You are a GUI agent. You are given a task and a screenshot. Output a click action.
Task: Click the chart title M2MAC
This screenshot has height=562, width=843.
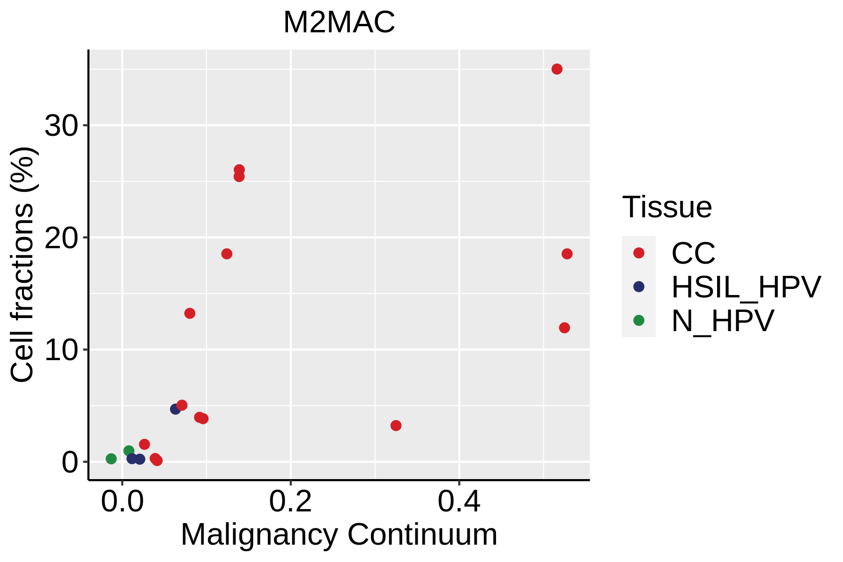point(339,22)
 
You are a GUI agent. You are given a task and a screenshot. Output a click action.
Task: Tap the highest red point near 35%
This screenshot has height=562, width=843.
point(557,69)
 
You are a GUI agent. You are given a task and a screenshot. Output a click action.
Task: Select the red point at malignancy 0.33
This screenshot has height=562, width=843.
point(396,425)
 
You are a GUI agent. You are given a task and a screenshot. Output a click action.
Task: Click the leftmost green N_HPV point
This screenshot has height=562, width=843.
point(111,458)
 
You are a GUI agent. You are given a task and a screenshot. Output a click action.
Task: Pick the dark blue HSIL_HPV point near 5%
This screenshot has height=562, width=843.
point(176,409)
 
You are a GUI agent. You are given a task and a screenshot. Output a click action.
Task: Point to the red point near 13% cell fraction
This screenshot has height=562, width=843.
point(190,313)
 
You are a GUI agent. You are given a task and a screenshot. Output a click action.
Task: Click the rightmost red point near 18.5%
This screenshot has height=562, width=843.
point(567,254)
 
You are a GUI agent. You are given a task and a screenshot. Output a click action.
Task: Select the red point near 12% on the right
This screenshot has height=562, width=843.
point(564,328)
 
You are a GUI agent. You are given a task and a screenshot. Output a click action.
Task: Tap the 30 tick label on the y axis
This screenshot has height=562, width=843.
point(60,126)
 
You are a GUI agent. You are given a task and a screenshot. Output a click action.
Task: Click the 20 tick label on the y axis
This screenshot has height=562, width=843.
point(60,238)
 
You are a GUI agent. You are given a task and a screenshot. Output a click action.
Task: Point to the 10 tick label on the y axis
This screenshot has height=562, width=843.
point(60,350)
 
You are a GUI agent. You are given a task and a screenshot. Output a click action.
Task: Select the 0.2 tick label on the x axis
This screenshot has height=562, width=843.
point(290,502)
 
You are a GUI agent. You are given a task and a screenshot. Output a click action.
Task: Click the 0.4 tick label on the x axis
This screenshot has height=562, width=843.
point(459,502)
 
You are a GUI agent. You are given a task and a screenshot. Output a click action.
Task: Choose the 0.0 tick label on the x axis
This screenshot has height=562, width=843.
point(122,502)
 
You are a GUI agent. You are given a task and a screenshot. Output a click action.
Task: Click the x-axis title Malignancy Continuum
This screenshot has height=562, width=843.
point(339,535)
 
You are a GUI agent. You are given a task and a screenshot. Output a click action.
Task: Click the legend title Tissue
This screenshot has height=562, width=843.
point(667,207)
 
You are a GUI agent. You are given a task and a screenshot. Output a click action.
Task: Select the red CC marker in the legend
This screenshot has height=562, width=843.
point(639,253)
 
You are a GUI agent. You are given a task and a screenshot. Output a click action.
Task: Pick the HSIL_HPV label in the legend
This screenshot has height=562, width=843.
point(746,287)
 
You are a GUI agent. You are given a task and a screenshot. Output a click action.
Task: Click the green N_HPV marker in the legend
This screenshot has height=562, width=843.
point(639,320)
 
